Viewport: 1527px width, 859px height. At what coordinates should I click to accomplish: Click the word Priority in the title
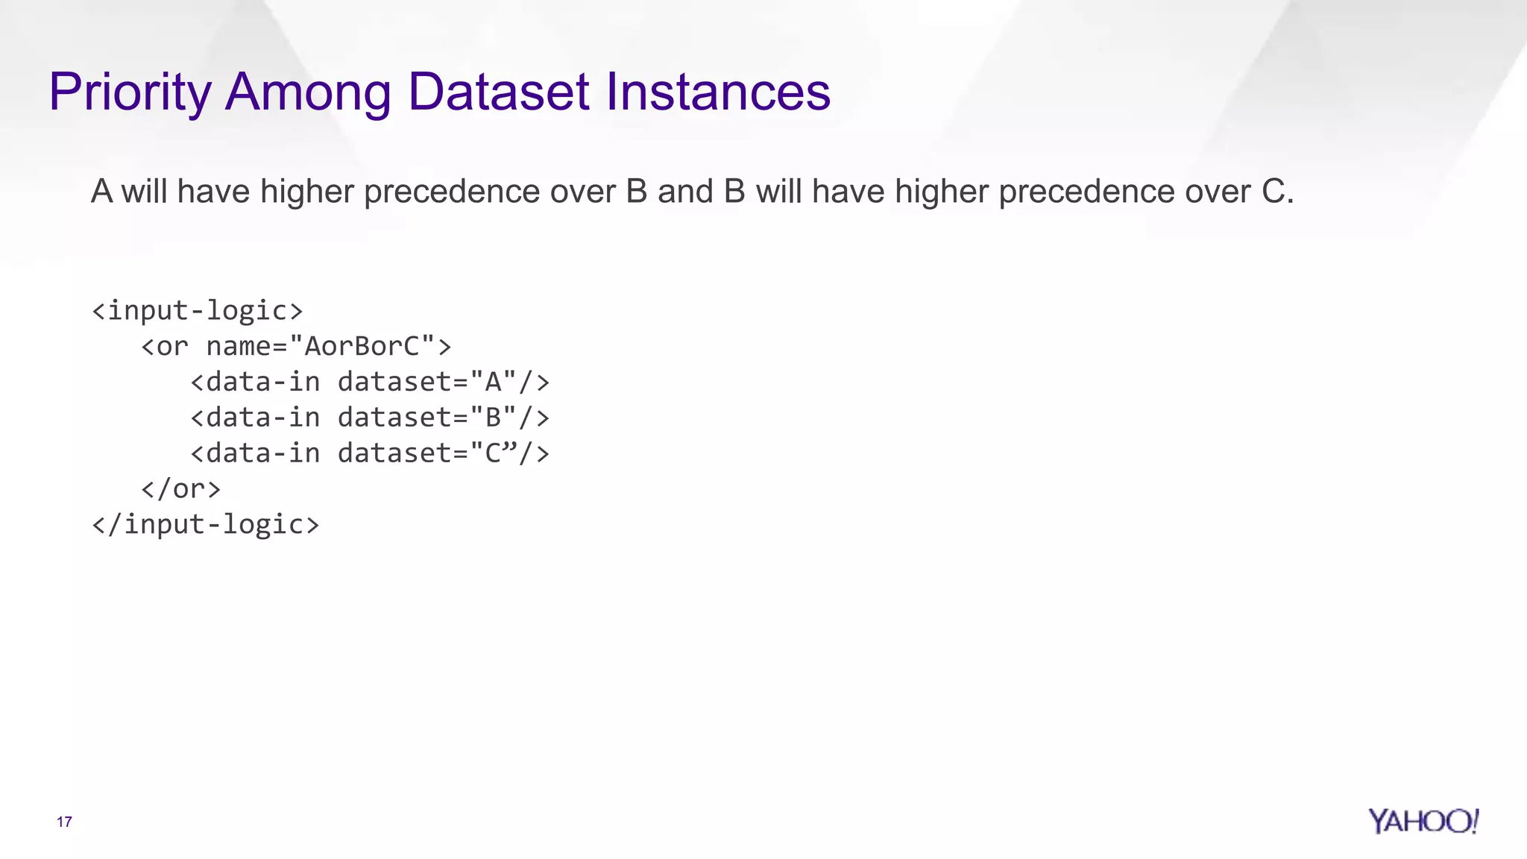130,92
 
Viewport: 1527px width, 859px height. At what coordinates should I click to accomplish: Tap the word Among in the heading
307,92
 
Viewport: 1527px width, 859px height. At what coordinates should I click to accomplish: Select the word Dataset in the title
499,92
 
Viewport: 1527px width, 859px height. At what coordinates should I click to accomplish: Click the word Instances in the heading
717,92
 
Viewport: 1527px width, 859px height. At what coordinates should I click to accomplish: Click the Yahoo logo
1423,821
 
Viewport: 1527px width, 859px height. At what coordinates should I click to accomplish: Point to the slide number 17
64,822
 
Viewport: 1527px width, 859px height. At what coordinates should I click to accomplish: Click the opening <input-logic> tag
197,310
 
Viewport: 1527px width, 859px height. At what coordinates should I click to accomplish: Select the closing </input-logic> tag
205,524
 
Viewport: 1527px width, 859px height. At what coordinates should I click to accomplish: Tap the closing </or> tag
180,488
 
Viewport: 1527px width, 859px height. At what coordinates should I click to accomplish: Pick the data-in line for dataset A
370,382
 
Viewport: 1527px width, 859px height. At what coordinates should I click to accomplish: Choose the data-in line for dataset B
370,418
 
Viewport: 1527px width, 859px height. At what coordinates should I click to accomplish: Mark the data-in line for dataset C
370,453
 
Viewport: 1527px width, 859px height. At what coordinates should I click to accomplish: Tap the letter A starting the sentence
101,192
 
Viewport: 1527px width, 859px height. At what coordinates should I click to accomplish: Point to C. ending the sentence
1277,192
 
